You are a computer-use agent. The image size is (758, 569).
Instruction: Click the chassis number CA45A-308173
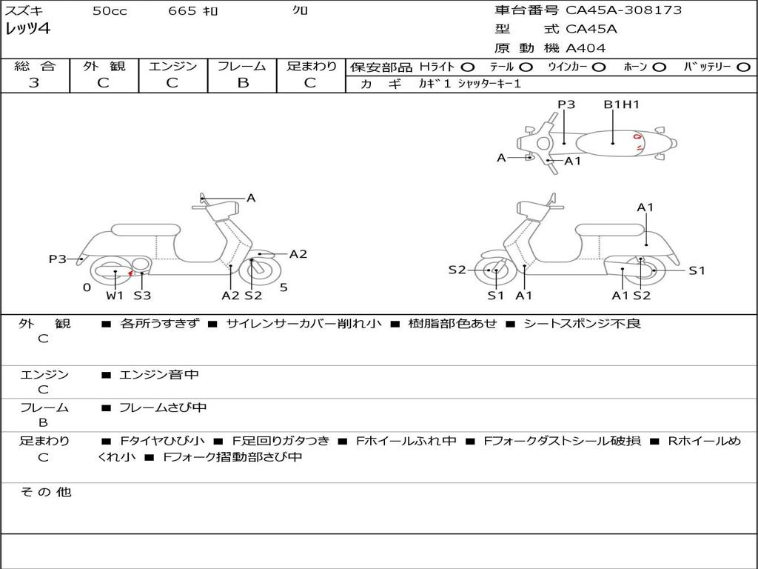pyautogui.click(x=623, y=10)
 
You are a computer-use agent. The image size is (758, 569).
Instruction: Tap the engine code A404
pyautogui.click(x=586, y=48)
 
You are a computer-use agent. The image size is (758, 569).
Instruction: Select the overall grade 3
pyautogui.click(x=34, y=83)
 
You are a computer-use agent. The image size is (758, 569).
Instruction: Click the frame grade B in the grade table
pyautogui.click(x=243, y=83)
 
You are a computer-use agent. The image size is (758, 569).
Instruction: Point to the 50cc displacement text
pyautogui.click(x=110, y=11)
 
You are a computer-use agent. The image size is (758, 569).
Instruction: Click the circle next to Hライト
pyautogui.click(x=468, y=67)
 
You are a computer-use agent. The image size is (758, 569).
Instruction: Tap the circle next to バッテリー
pyautogui.click(x=743, y=67)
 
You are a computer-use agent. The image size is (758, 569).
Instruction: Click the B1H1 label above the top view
pyautogui.click(x=622, y=104)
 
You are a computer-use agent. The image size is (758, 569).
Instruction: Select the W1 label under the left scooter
pyautogui.click(x=115, y=295)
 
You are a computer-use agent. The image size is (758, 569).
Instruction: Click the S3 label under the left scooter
pyautogui.click(x=142, y=295)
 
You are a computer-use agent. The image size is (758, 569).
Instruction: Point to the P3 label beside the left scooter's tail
pyautogui.click(x=58, y=259)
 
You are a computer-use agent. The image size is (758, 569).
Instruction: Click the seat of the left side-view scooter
pyautogui.click(x=146, y=230)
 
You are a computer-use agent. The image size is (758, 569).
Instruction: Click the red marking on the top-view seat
pyautogui.click(x=637, y=143)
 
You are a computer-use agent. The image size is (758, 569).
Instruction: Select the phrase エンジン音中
pyautogui.click(x=159, y=374)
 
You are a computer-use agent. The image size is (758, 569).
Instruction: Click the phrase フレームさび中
pyautogui.click(x=163, y=408)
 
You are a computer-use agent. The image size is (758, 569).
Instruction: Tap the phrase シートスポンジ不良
pyautogui.click(x=582, y=323)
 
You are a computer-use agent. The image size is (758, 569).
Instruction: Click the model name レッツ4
pyautogui.click(x=27, y=29)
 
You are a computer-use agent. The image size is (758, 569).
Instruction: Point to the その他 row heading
pyautogui.click(x=46, y=492)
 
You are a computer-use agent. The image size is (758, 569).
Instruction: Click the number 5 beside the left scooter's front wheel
pyautogui.click(x=284, y=287)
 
